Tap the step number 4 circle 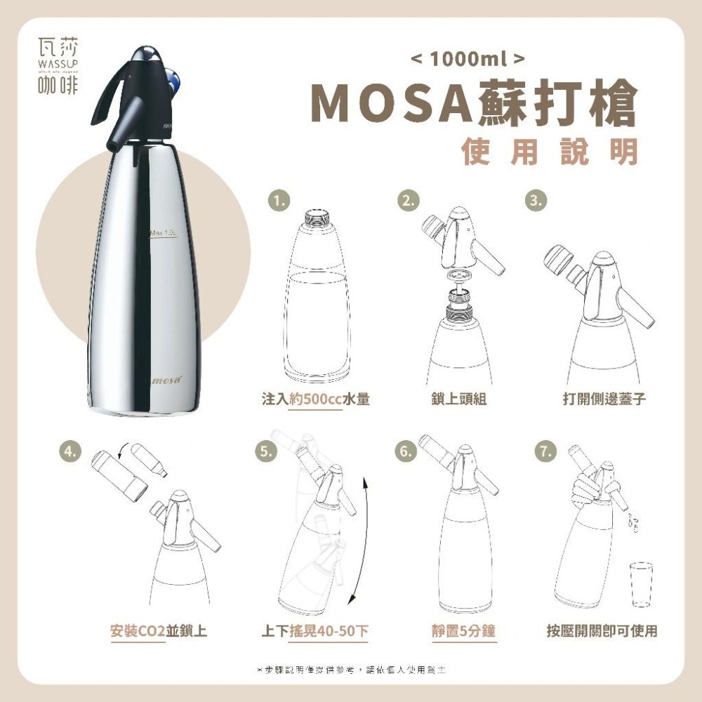[x=69, y=451]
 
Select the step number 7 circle [x=541, y=450]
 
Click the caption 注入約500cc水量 [x=315, y=399]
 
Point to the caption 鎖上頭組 [x=460, y=399]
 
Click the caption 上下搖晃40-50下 [x=314, y=631]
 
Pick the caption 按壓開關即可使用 [x=602, y=631]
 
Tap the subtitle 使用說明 [x=550, y=150]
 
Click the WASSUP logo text [x=57, y=65]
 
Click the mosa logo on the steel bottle [x=167, y=380]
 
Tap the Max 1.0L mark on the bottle [x=165, y=232]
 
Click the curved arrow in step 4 [x=127, y=453]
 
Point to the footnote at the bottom [x=351, y=670]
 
